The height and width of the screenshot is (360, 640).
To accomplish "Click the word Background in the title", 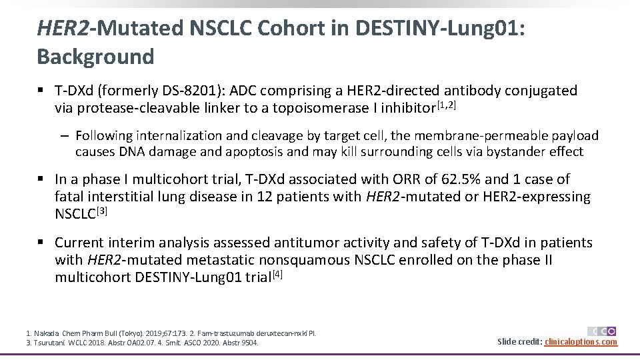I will tap(95, 57).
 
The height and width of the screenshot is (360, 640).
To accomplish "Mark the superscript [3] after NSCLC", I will tap(103, 211).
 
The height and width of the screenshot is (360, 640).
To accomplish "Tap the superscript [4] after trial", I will tap(278, 274).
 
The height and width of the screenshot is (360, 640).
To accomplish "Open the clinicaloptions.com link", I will tap(581, 342).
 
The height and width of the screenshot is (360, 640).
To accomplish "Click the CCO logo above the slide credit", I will tap(601, 331).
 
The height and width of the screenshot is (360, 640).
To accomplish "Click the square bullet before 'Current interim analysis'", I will tap(41, 243).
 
